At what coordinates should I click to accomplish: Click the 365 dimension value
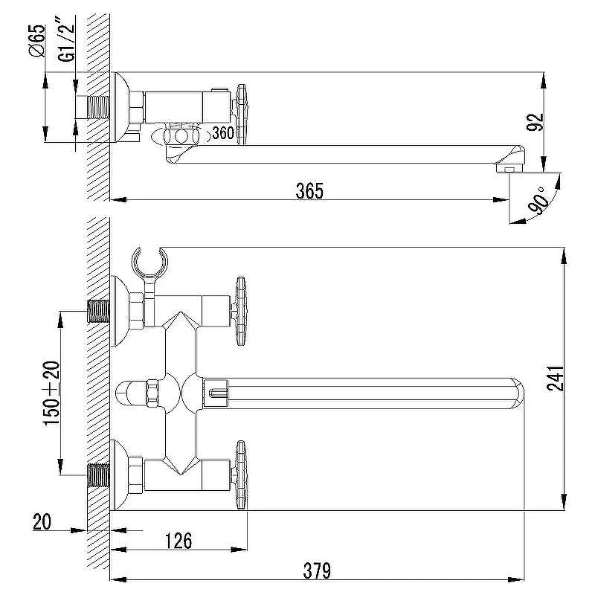tap(309, 191)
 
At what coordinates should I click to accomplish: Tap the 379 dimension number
tap(317, 570)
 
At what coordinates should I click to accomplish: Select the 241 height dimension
tap(555, 379)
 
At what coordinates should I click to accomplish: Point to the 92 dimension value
tap(535, 122)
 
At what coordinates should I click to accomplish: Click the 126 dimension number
tap(178, 541)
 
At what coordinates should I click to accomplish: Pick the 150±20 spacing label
tap(51, 393)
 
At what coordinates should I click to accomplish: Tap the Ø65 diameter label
tap(36, 41)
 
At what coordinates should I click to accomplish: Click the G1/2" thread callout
tap(66, 39)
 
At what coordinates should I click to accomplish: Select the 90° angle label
tap(538, 201)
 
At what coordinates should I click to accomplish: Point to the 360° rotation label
tap(225, 133)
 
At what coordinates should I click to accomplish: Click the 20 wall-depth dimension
tap(42, 522)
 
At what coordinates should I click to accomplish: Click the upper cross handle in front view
tap(240, 311)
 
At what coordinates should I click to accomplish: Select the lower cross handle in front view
tap(240, 475)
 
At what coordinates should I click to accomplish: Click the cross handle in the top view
tap(241, 115)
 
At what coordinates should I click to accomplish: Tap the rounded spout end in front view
tap(517, 393)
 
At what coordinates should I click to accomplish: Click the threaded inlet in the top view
tap(99, 107)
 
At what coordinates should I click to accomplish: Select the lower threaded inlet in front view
tap(99, 475)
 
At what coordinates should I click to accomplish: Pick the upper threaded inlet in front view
tap(99, 311)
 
